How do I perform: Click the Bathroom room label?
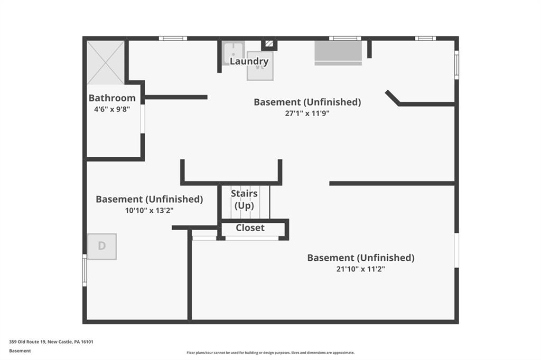click(x=112, y=98)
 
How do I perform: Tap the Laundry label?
click(x=249, y=61)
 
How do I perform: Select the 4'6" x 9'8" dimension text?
click(x=112, y=109)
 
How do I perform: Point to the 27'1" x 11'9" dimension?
click(x=307, y=113)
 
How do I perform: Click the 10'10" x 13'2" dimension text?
click(x=149, y=210)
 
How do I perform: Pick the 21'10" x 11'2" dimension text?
click(x=360, y=269)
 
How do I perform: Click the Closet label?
click(x=250, y=228)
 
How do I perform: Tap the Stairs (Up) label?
click(x=244, y=200)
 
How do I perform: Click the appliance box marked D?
click(x=102, y=247)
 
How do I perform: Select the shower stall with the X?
click(x=105, y=62)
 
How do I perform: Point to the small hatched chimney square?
click(x=269, y=44)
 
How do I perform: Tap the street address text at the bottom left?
click(x=51, y=342)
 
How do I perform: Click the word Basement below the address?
click(x=20, y=350)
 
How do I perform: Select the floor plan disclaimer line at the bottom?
click(x=270, y=353)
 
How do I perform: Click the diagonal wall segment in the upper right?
click(x=393, y=98)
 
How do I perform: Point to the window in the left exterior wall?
click(x=85, y=270)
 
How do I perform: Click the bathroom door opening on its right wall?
click(x=143, y=119)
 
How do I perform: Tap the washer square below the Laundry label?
click(x=260, y=66)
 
